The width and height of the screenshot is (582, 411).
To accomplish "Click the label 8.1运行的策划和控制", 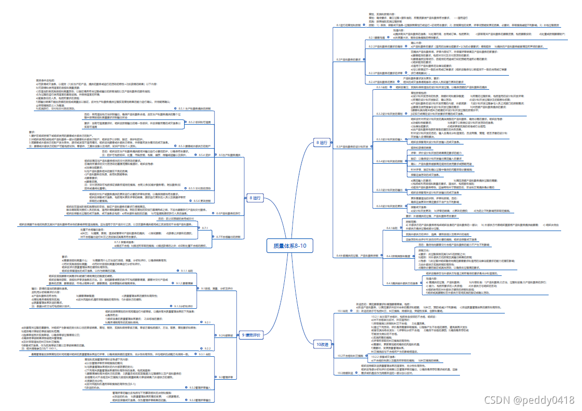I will click(349, 25).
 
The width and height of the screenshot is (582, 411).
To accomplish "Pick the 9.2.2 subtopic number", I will click(207, 348).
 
